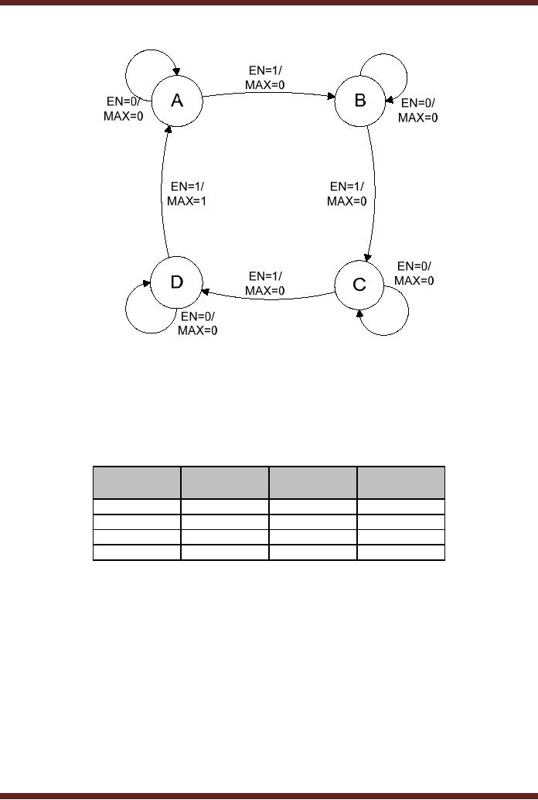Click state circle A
(x=176, y=101)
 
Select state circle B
(x=360, y=101)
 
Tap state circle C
(x=359, y=285)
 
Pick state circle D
(x=176, y=282)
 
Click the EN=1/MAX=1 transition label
(x=186, y=193)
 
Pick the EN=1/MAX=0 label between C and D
(x=264, y=283)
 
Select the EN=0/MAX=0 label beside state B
(x=417, y=110)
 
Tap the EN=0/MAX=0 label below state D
(x=198, y=323)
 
